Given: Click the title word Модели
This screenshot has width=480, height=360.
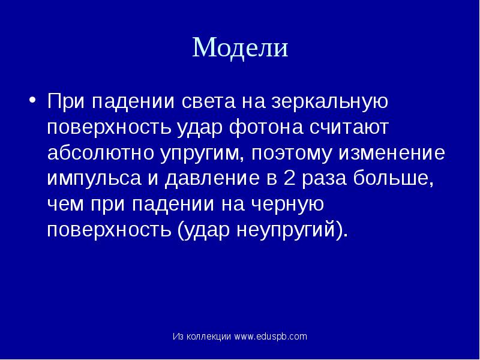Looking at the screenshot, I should pyautogui.click(x=240, y=47).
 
